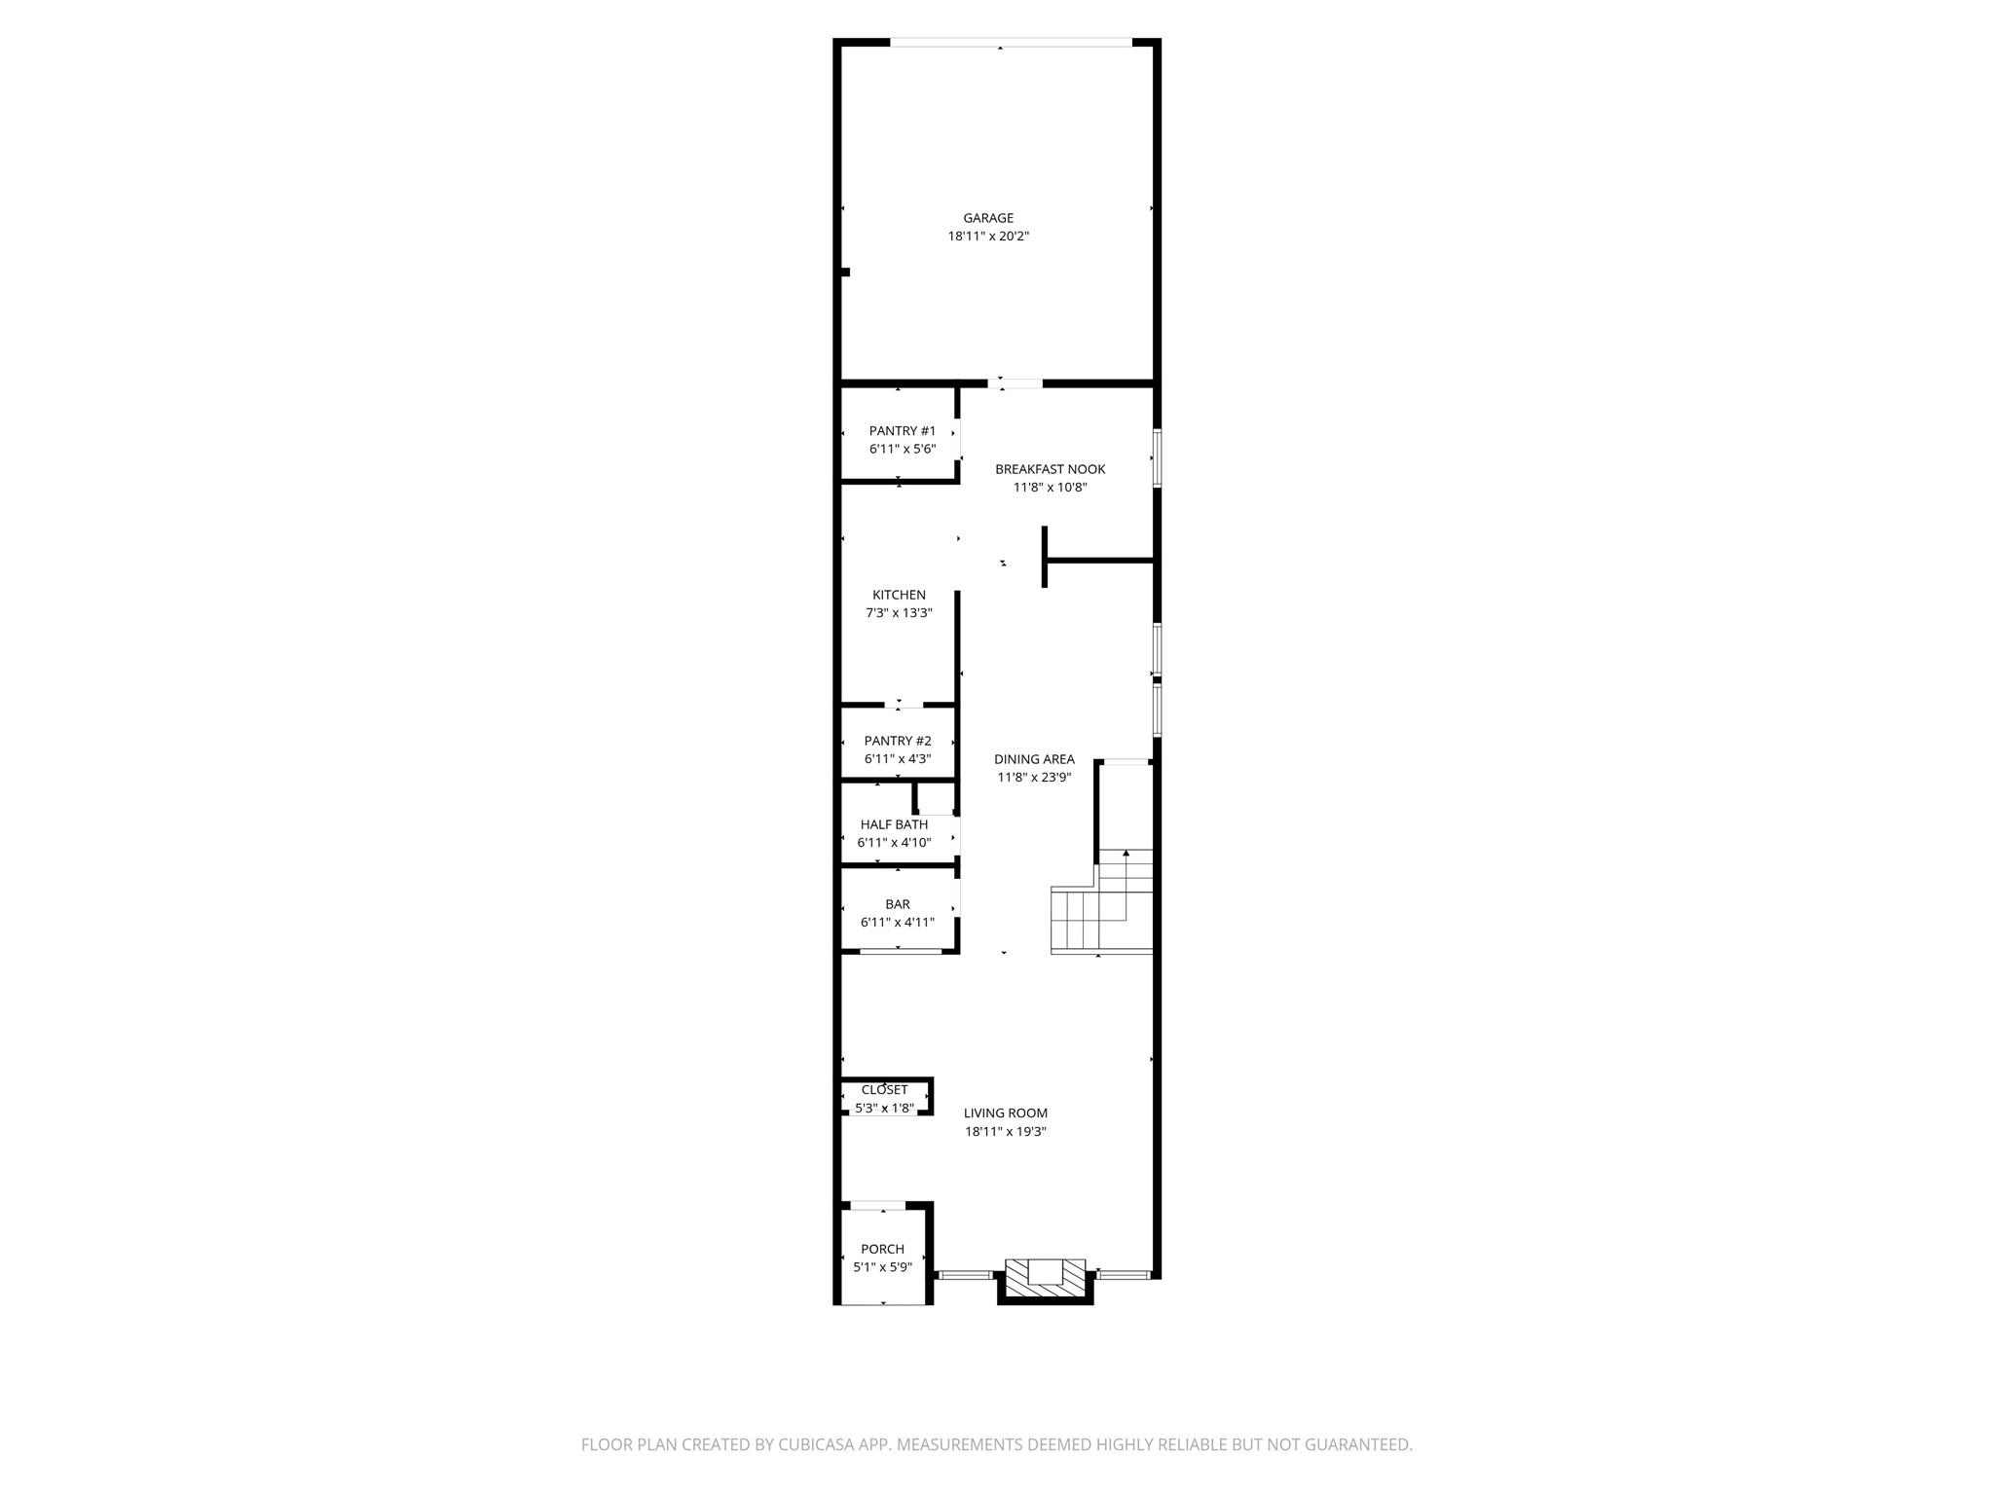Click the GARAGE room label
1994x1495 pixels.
(988, 218)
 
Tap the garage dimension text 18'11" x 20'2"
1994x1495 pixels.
(988, 237)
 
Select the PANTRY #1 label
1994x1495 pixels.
(903, 431)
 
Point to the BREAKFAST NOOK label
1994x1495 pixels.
(1050, 469)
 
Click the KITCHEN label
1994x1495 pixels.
(899, 595)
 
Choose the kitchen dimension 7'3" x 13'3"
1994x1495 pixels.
(899, 613)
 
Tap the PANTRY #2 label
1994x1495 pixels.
(898, 741)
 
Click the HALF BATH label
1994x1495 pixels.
(894, 824)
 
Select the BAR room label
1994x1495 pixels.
(898, 904)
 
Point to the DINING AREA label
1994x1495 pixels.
(1034, 759)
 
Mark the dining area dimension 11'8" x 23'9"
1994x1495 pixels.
(1034, 778)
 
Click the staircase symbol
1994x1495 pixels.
(1103, 905)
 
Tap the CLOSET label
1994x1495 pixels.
(884, 1090)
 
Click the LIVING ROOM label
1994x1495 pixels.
(1006, 1113)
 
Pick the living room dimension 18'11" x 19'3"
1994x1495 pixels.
(1006, 1132)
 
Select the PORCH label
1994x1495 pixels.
(882, 1249)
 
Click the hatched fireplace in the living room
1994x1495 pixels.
(1045, 1278)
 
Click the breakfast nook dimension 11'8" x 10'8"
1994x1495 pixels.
(1050, 488)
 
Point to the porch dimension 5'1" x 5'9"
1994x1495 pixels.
(882, 1267)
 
